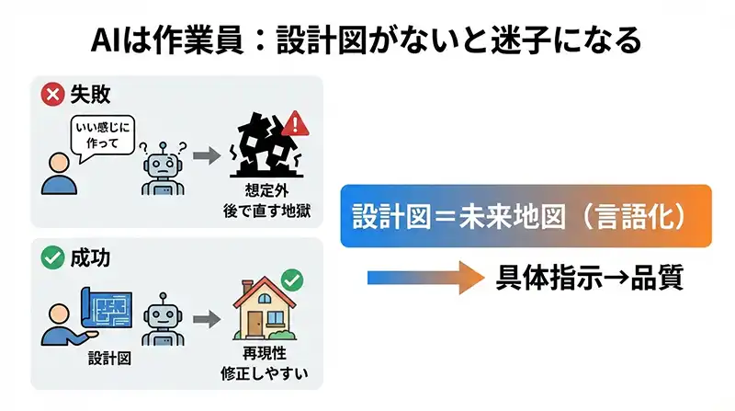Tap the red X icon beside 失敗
(53, 95)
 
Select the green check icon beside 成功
(53, 258)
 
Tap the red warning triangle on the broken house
(295, 122)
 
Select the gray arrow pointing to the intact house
(209, 320)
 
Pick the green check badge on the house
(293, 279)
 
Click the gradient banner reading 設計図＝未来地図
(526, 216)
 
